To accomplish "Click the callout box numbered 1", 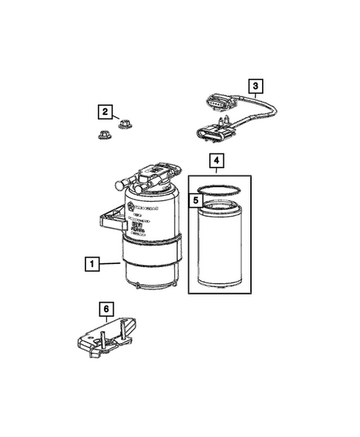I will (x=91, y=263).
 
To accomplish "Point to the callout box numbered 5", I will (x=196, y=200).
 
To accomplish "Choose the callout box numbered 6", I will (x=105, y=306).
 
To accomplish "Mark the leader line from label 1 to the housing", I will (x=111, y=262).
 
